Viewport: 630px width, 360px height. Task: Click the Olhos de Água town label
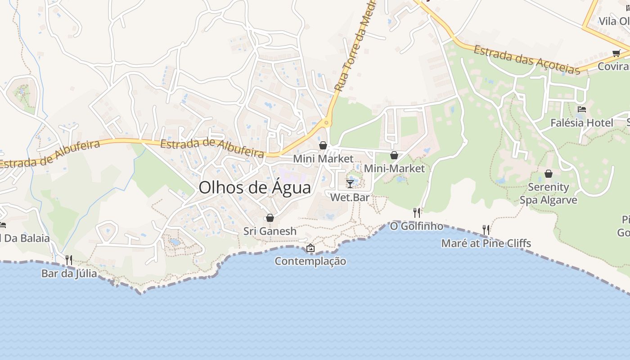[x=255, y=187]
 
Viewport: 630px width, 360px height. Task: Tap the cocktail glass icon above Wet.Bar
[x=350, y=184]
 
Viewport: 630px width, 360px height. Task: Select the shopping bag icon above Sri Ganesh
[x=270, y=218]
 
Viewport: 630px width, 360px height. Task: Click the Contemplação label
[x=310, y=261]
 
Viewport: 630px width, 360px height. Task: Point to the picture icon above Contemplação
[x=310, y=248]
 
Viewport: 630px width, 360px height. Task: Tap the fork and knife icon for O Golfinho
[x=417, y=212]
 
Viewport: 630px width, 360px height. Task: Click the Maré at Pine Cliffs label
[x=486, y=243]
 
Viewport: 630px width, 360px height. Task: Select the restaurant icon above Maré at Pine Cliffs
[x=486, y=230]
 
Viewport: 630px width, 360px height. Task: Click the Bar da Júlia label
[x=69, y=273]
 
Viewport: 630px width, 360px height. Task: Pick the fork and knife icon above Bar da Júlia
[x=69, y=260]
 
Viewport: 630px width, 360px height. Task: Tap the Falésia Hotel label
[x=582, y=123]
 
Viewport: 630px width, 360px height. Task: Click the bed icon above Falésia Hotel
[x=582, y=109]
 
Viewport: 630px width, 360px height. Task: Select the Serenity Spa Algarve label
[x=549, y=193]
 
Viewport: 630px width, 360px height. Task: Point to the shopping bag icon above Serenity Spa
[x=549, y=174]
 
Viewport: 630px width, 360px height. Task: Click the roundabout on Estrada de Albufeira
[x=326, y=122]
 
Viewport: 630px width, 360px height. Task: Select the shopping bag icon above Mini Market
[x=323, y=145]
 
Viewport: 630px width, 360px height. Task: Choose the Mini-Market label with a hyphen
[x=394, y=168]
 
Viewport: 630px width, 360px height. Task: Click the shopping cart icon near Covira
[x=616, y=53]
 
